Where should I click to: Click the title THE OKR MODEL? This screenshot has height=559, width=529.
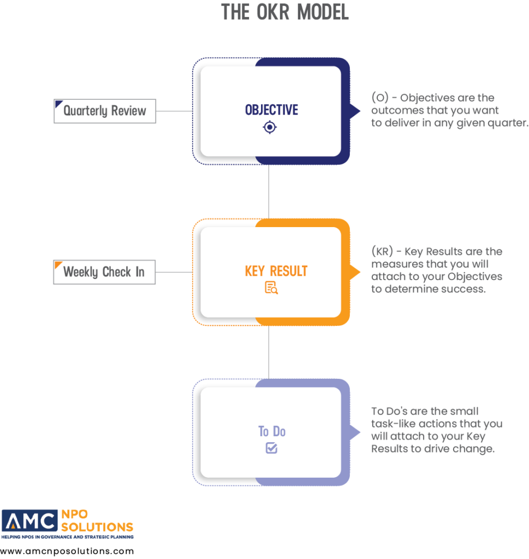point(285,12)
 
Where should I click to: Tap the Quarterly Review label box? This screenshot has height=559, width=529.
point(105,111)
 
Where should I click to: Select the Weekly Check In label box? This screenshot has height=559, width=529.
point(104,272)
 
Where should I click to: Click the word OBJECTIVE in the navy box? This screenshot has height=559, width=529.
point(271,110)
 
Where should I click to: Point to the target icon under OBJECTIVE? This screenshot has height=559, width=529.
point(270,127)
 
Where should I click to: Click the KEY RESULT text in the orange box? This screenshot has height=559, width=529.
point(276,271)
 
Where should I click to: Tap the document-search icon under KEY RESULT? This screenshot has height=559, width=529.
point(271,288)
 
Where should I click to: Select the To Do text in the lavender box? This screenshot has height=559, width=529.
point(272,431)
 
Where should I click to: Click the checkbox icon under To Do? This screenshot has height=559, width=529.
point(272,448)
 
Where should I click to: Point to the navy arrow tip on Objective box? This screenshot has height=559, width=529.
point(360,111)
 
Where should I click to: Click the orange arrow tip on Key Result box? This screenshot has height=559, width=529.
point(360,272)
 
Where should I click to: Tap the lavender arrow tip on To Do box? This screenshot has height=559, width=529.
point(360,432)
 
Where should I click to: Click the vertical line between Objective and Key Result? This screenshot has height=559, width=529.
point(269,192)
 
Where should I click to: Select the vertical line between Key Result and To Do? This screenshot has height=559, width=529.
point(269,352)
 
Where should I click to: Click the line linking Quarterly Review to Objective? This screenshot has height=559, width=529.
point(174,111)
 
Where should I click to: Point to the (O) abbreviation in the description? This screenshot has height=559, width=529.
point(380,97)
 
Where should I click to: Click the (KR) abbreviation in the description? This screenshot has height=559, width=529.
point(382,251)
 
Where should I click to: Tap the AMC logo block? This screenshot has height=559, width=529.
point(29,520)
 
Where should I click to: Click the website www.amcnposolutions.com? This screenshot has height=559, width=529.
point(67,551)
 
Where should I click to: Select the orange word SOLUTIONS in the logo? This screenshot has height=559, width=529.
point(97,527)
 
